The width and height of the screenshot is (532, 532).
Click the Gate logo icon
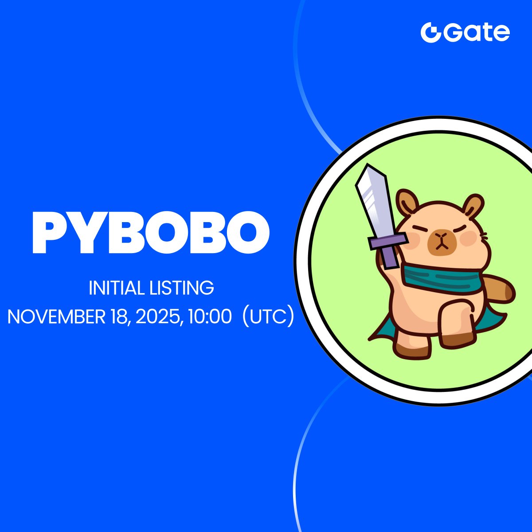pos(431,32)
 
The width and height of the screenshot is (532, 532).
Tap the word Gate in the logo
pos(477,33)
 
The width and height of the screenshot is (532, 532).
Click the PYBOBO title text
pos(151,232)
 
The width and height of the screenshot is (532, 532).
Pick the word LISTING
pos(182,288)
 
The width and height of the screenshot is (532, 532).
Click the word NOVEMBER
pos(56,317)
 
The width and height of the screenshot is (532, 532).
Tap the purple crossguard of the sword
pos(388,240)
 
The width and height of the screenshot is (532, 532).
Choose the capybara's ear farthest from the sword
pos(473,206)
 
